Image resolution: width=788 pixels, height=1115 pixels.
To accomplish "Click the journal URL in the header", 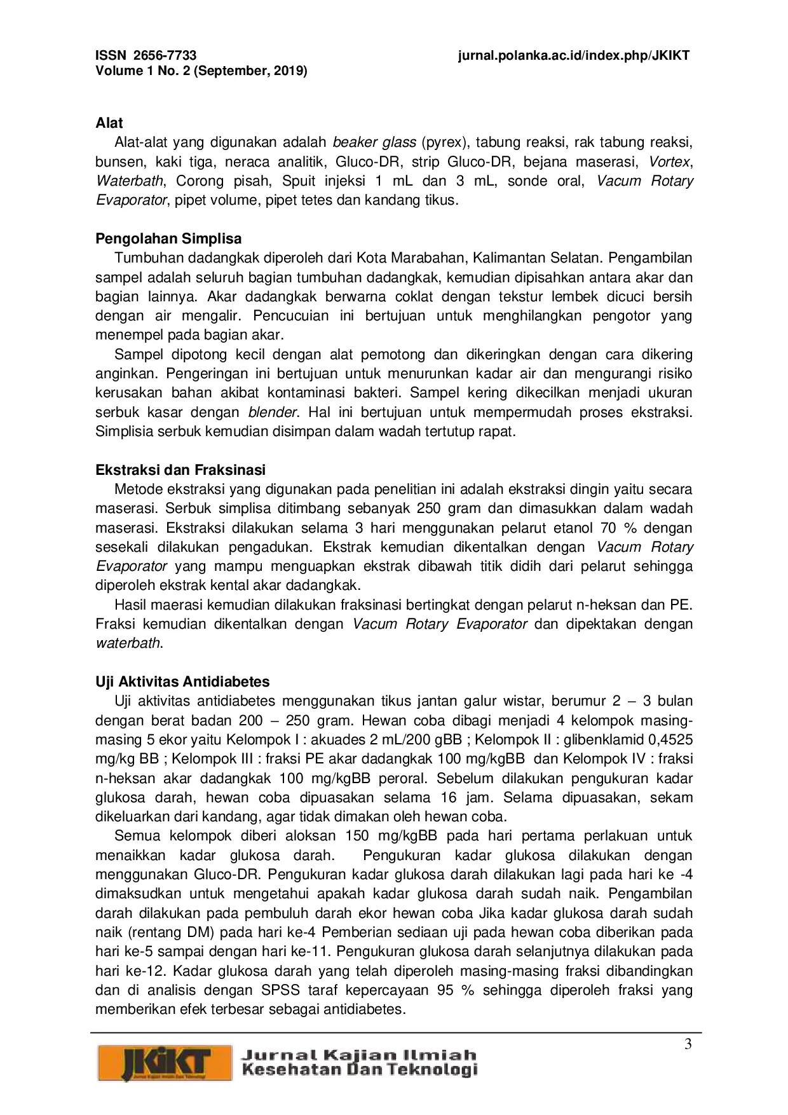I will tap(573, 55).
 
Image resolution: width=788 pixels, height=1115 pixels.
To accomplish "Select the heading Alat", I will tap(109, 123).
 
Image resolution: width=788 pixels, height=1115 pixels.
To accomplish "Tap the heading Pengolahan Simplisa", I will tap(168, 238).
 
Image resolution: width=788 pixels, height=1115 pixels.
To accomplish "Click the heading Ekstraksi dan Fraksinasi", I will tap(180, 470).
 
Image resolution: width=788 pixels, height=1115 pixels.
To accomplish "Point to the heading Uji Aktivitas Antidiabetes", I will tap(182, 681).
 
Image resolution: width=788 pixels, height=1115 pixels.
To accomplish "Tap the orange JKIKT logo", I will tap(164, 1062).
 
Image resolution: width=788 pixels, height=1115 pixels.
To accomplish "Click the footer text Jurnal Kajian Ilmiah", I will tap(358, 1055).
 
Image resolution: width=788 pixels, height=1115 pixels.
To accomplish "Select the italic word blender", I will tap(273, 412).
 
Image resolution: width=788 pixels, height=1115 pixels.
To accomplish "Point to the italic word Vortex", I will tap(670, 161).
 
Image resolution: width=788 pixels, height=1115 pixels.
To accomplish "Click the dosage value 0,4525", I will tap(670, 739).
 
